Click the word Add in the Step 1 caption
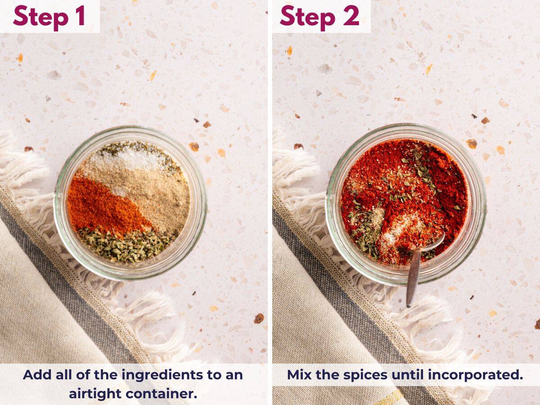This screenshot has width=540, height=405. [36, 375]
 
